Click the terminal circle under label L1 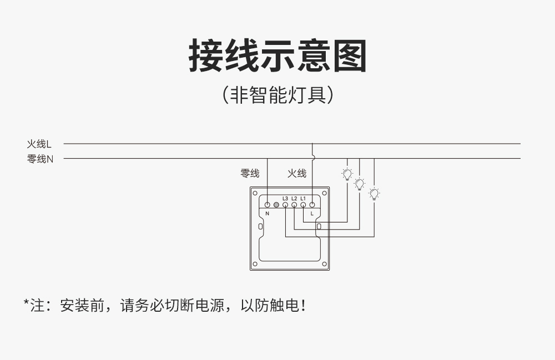click(303, 205)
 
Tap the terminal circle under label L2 click(294, 205)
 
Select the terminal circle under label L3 click(285, 205)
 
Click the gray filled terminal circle click(276, 205)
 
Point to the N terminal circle click(268, 205)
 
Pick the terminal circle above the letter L click(312, 205)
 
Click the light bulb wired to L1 click(347, 174)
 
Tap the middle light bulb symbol click(360, 184)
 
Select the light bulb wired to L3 click(374, 194)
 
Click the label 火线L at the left click(39, 144)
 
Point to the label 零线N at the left click(40, 159)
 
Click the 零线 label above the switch click(250, 173)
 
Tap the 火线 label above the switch click(296, 173)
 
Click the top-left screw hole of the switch click(255, 193)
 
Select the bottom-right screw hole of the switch click(324, 264)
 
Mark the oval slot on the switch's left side click(260, 226)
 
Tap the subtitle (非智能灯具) click(278, 95)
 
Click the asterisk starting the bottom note click(26, 303)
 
